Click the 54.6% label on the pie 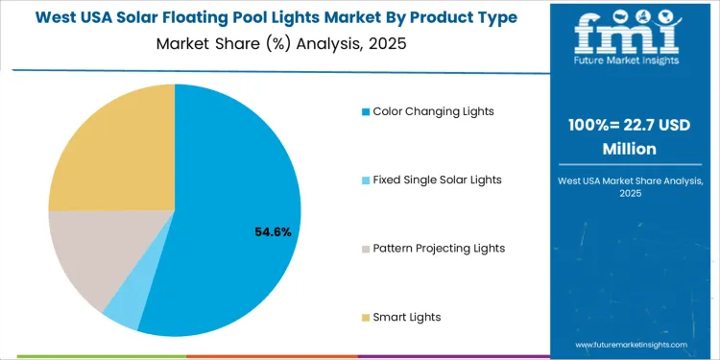[x=274, y=232]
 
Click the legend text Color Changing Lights [x=433, y=111]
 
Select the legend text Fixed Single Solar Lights [x=437, y=180]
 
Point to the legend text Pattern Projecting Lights [x=439, y=249]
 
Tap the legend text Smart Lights [x=407, y=317]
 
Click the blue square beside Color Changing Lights [x=366, y=111]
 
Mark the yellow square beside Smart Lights [x=366, y=318]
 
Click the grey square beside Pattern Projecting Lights [x=366, y=249]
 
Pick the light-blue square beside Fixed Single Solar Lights [x=366, y=180]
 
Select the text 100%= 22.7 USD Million [x=628, y=138]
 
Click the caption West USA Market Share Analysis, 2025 [x=628, y=187]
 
